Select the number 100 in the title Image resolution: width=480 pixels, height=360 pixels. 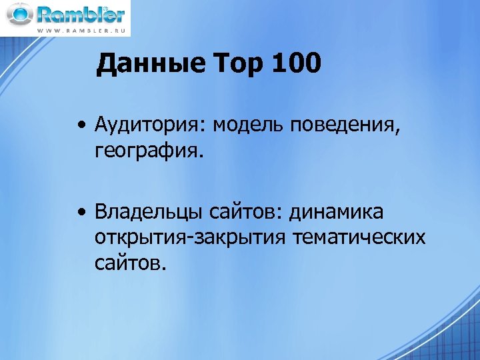[297, 65]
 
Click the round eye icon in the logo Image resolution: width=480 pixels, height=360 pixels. [19, 14]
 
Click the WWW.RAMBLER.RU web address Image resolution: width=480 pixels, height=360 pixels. [81, 31]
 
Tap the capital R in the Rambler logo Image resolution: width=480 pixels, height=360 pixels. [47, 15]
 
